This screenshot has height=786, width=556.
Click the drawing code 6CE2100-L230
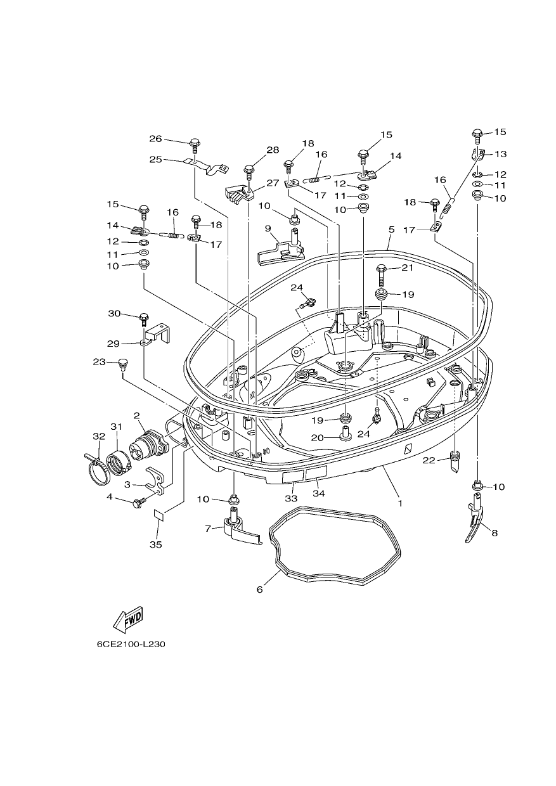click(x=131, y=654)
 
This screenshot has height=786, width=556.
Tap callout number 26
click(x=155, y=139)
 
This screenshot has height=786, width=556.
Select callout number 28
click(x=273, y=150)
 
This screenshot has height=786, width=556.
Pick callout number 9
click(x=268, y=228)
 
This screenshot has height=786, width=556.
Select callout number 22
click(x=429, y=460)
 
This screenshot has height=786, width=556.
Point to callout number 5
click(x=391, y=229)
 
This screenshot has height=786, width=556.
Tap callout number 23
click(x=100, y=361)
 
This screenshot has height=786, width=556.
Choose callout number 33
click(x=291, y=498)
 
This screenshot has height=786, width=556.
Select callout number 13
click(x=500, y=154)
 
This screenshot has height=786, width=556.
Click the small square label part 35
click(x=158, y=515)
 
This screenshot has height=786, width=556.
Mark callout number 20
click(x=318, y=437)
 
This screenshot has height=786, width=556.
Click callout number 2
click(x=136, y=416)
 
